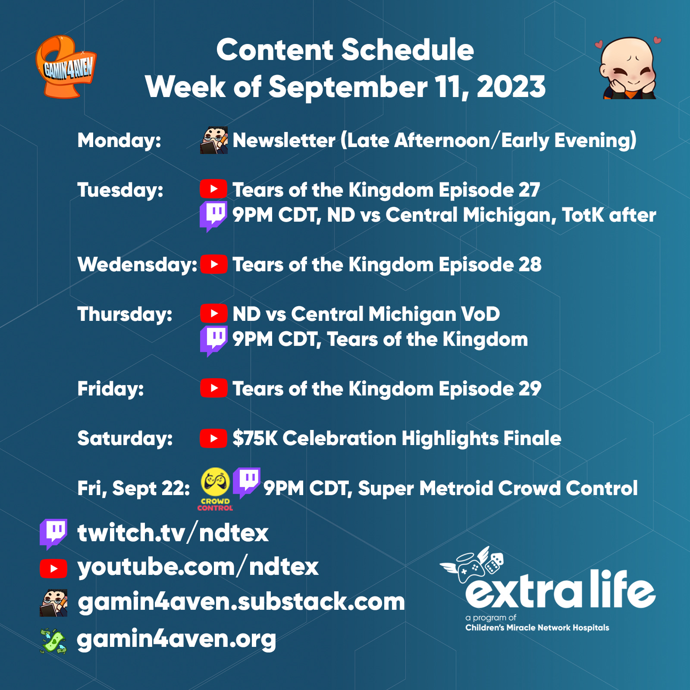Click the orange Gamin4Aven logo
[66, 67]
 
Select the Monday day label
[119, 141]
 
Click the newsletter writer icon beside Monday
[214, 140]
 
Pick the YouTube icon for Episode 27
[213, 189]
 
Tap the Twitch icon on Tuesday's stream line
[213, 216]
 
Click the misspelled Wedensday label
[138, 264]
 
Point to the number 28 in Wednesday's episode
[530, 264]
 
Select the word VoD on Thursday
[480, 314]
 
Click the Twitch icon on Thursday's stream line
[213, 341]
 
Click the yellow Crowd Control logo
[215, 489]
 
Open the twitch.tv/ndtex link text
[173, 533]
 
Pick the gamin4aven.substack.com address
[241, 602]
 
